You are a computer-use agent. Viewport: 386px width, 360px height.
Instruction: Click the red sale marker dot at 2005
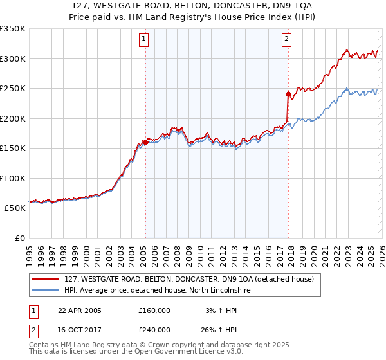pos(145,143)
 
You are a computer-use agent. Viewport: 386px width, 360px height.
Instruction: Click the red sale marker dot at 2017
pos(288,94)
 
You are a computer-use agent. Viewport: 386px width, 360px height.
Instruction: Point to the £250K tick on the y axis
pos(13,89)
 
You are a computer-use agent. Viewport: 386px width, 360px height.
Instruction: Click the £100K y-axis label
pos(13,179)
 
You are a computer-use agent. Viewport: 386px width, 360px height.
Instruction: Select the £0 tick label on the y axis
pos(19,239)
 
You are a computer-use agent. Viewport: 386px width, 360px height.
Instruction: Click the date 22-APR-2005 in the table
pos(79,310)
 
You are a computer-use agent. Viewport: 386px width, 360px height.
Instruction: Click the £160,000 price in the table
pos(154,310)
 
